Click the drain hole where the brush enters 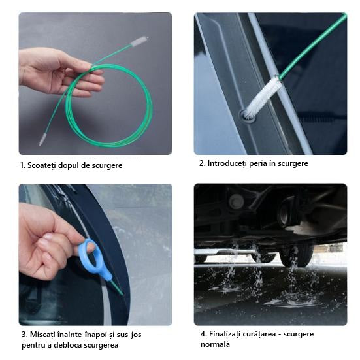coord(248,116)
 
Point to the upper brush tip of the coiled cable coord(140,41)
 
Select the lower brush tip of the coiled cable coord(42,140)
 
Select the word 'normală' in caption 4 coord(215,344)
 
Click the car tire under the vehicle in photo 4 coord(296,254)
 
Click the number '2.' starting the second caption coord(203,163)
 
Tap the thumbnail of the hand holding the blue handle coord(48,237)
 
